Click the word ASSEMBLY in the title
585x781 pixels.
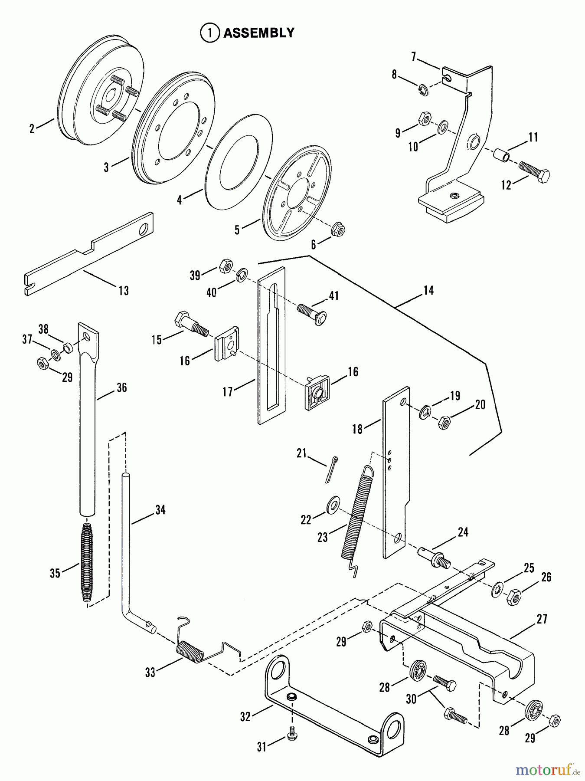pyautogui.click(x=258, y=33)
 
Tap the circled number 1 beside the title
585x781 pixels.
pyautogui.click(x=210, y=33)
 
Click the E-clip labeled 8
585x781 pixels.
pyautogui.click(x=423, y=90)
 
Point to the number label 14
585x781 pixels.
pyautogui.click(x=428, y=290)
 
